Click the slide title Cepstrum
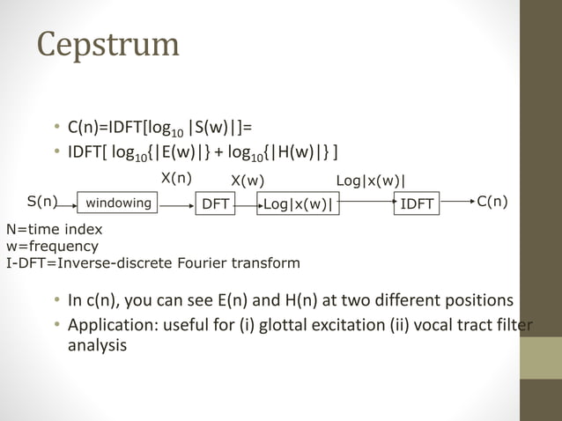pos(107,45)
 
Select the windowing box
pos(118,203)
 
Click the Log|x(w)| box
pos(299,204)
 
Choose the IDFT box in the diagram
pos(417,204)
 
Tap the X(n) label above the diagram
pos(176,177)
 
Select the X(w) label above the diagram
pos(248,181)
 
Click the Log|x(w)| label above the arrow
pos(371,181)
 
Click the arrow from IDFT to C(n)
pos(456,204)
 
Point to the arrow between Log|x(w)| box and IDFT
pos(366,203)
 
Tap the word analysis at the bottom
pos(97,346)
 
